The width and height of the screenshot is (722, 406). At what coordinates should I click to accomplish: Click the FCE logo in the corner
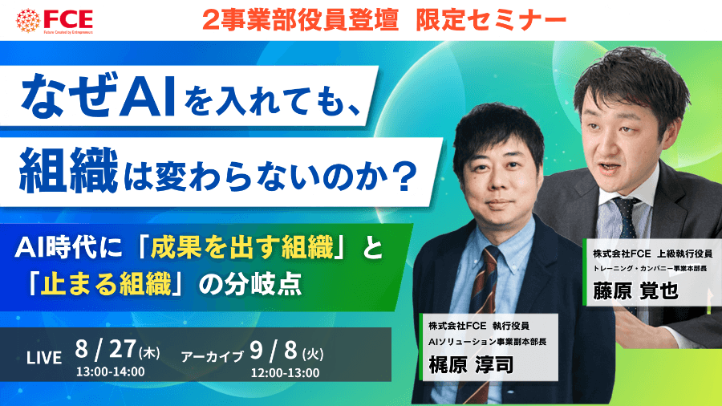55,21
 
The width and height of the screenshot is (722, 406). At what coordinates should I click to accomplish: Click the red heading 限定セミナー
491,20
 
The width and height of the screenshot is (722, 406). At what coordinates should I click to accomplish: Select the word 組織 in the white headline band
68,171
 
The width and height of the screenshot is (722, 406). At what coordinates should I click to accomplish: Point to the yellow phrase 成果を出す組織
241,247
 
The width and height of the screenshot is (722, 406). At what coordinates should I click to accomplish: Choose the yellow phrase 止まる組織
106,283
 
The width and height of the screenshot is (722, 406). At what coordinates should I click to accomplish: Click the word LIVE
44,358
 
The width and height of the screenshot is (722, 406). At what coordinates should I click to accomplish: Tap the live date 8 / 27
105,349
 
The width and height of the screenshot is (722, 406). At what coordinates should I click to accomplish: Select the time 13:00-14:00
111,371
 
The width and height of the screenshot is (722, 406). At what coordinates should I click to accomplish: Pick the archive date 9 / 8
274,351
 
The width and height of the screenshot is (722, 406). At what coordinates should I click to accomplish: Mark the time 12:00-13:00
285,373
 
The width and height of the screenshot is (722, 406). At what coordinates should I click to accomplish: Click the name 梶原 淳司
471,365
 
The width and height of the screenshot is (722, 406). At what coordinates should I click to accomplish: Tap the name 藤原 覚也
635,291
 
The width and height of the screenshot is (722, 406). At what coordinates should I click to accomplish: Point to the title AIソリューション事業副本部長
487,342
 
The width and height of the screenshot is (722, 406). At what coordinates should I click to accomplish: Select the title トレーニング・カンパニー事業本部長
650,268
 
